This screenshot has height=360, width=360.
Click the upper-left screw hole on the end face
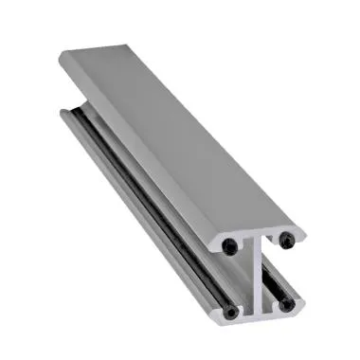tap(232, 245)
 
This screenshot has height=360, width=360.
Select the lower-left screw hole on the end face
tap(230, 312)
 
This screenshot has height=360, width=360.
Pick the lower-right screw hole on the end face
tap(286, 305)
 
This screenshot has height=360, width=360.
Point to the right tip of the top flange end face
tap(304, 232)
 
